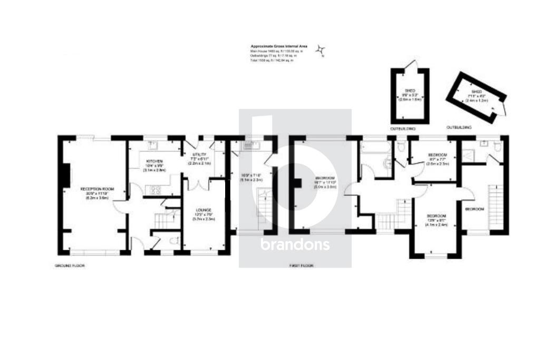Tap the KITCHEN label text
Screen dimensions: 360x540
coord(154,161)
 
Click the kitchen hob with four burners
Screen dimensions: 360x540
coord(156,190)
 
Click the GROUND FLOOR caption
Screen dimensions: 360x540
coord(70,266)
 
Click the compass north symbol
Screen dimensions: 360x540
coord(320,51)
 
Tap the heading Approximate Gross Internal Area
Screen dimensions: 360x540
coord(273,47)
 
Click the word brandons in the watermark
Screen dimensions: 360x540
coord(295,245)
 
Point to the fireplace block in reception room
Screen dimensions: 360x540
coord(66,176)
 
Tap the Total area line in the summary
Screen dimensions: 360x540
coord(272,61)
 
